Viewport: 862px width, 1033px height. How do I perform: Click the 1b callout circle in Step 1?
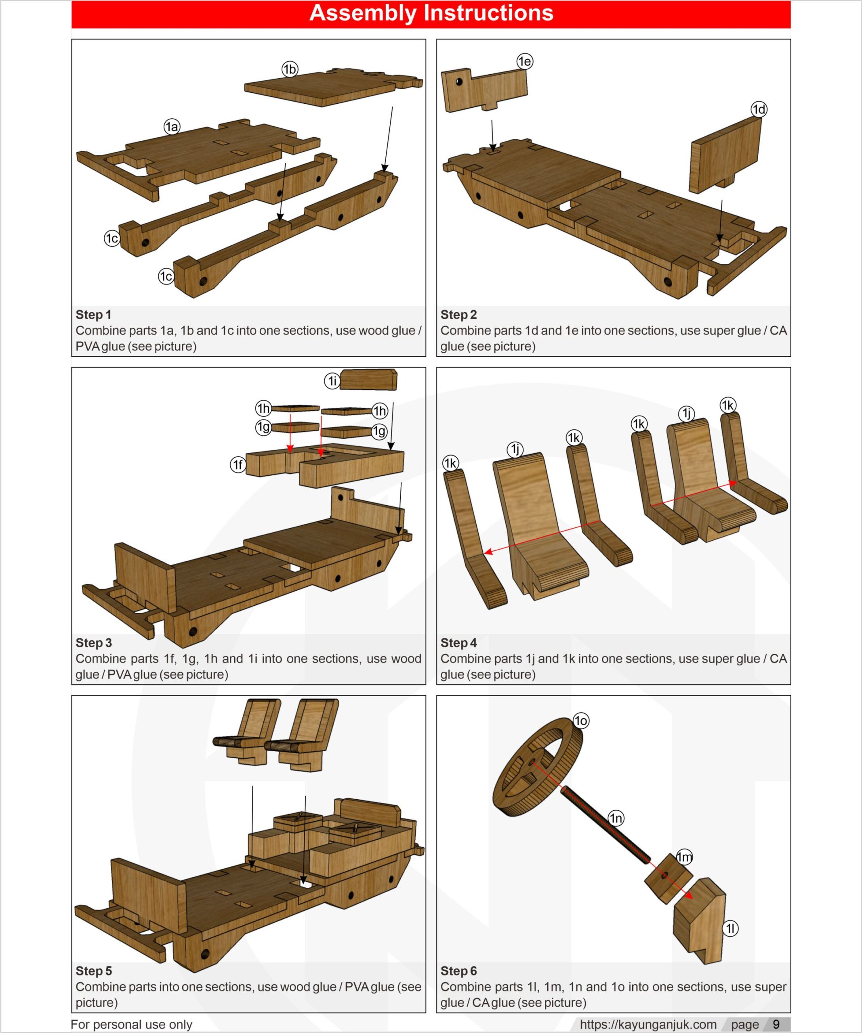[x=290, y=69]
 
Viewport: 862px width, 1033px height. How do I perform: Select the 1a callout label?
[x=172, y=128]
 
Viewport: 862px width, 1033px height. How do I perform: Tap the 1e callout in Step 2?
[x=525, y=61]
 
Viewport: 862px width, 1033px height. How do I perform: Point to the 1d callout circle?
[x=759, y=109]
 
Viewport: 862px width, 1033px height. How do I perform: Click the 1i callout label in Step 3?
[x=332, y=381]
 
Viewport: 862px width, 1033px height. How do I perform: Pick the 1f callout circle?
[x=238, y=465]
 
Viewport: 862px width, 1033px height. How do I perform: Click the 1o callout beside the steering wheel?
[x=581, y=721]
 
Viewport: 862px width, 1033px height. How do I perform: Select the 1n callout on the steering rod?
[x=616, y=818]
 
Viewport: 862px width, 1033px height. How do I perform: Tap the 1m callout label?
[x=684, y=857]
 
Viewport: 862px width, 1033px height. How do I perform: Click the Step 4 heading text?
[x=458, y=642]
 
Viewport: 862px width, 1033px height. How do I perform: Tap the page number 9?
[x=776, y=1024]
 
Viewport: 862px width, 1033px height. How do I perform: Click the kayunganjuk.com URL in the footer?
[x=648, y=1024]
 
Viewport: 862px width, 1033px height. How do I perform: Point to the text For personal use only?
[x=131, y=1024]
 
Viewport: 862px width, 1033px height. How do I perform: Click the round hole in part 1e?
[x=459, y=82]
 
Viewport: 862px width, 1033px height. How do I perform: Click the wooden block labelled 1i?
[x=368, y=380]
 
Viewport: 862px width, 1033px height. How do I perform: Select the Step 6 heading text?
[x=458, y=970]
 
